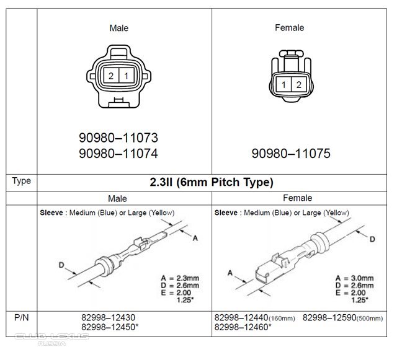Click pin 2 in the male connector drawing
pyautogui.click(x=111, y=76)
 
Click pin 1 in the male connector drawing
pyautogui.click(x=127, y=76)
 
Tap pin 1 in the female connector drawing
pyautogui.click(x=283, y=84)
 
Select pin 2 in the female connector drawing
pyautogui.click(x=299, y=84)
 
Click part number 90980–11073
pyautogui.click(x=118, y=138)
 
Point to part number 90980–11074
pyautogui.click(x=118, y=153)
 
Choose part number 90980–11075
pyautogui.click(x=291, y=153)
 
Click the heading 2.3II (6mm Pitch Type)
pyautogui.click(x=212, y=182)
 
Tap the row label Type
pyautogui.click(x=22, y=181)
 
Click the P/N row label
pyautogui.click(x=22, y=317)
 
